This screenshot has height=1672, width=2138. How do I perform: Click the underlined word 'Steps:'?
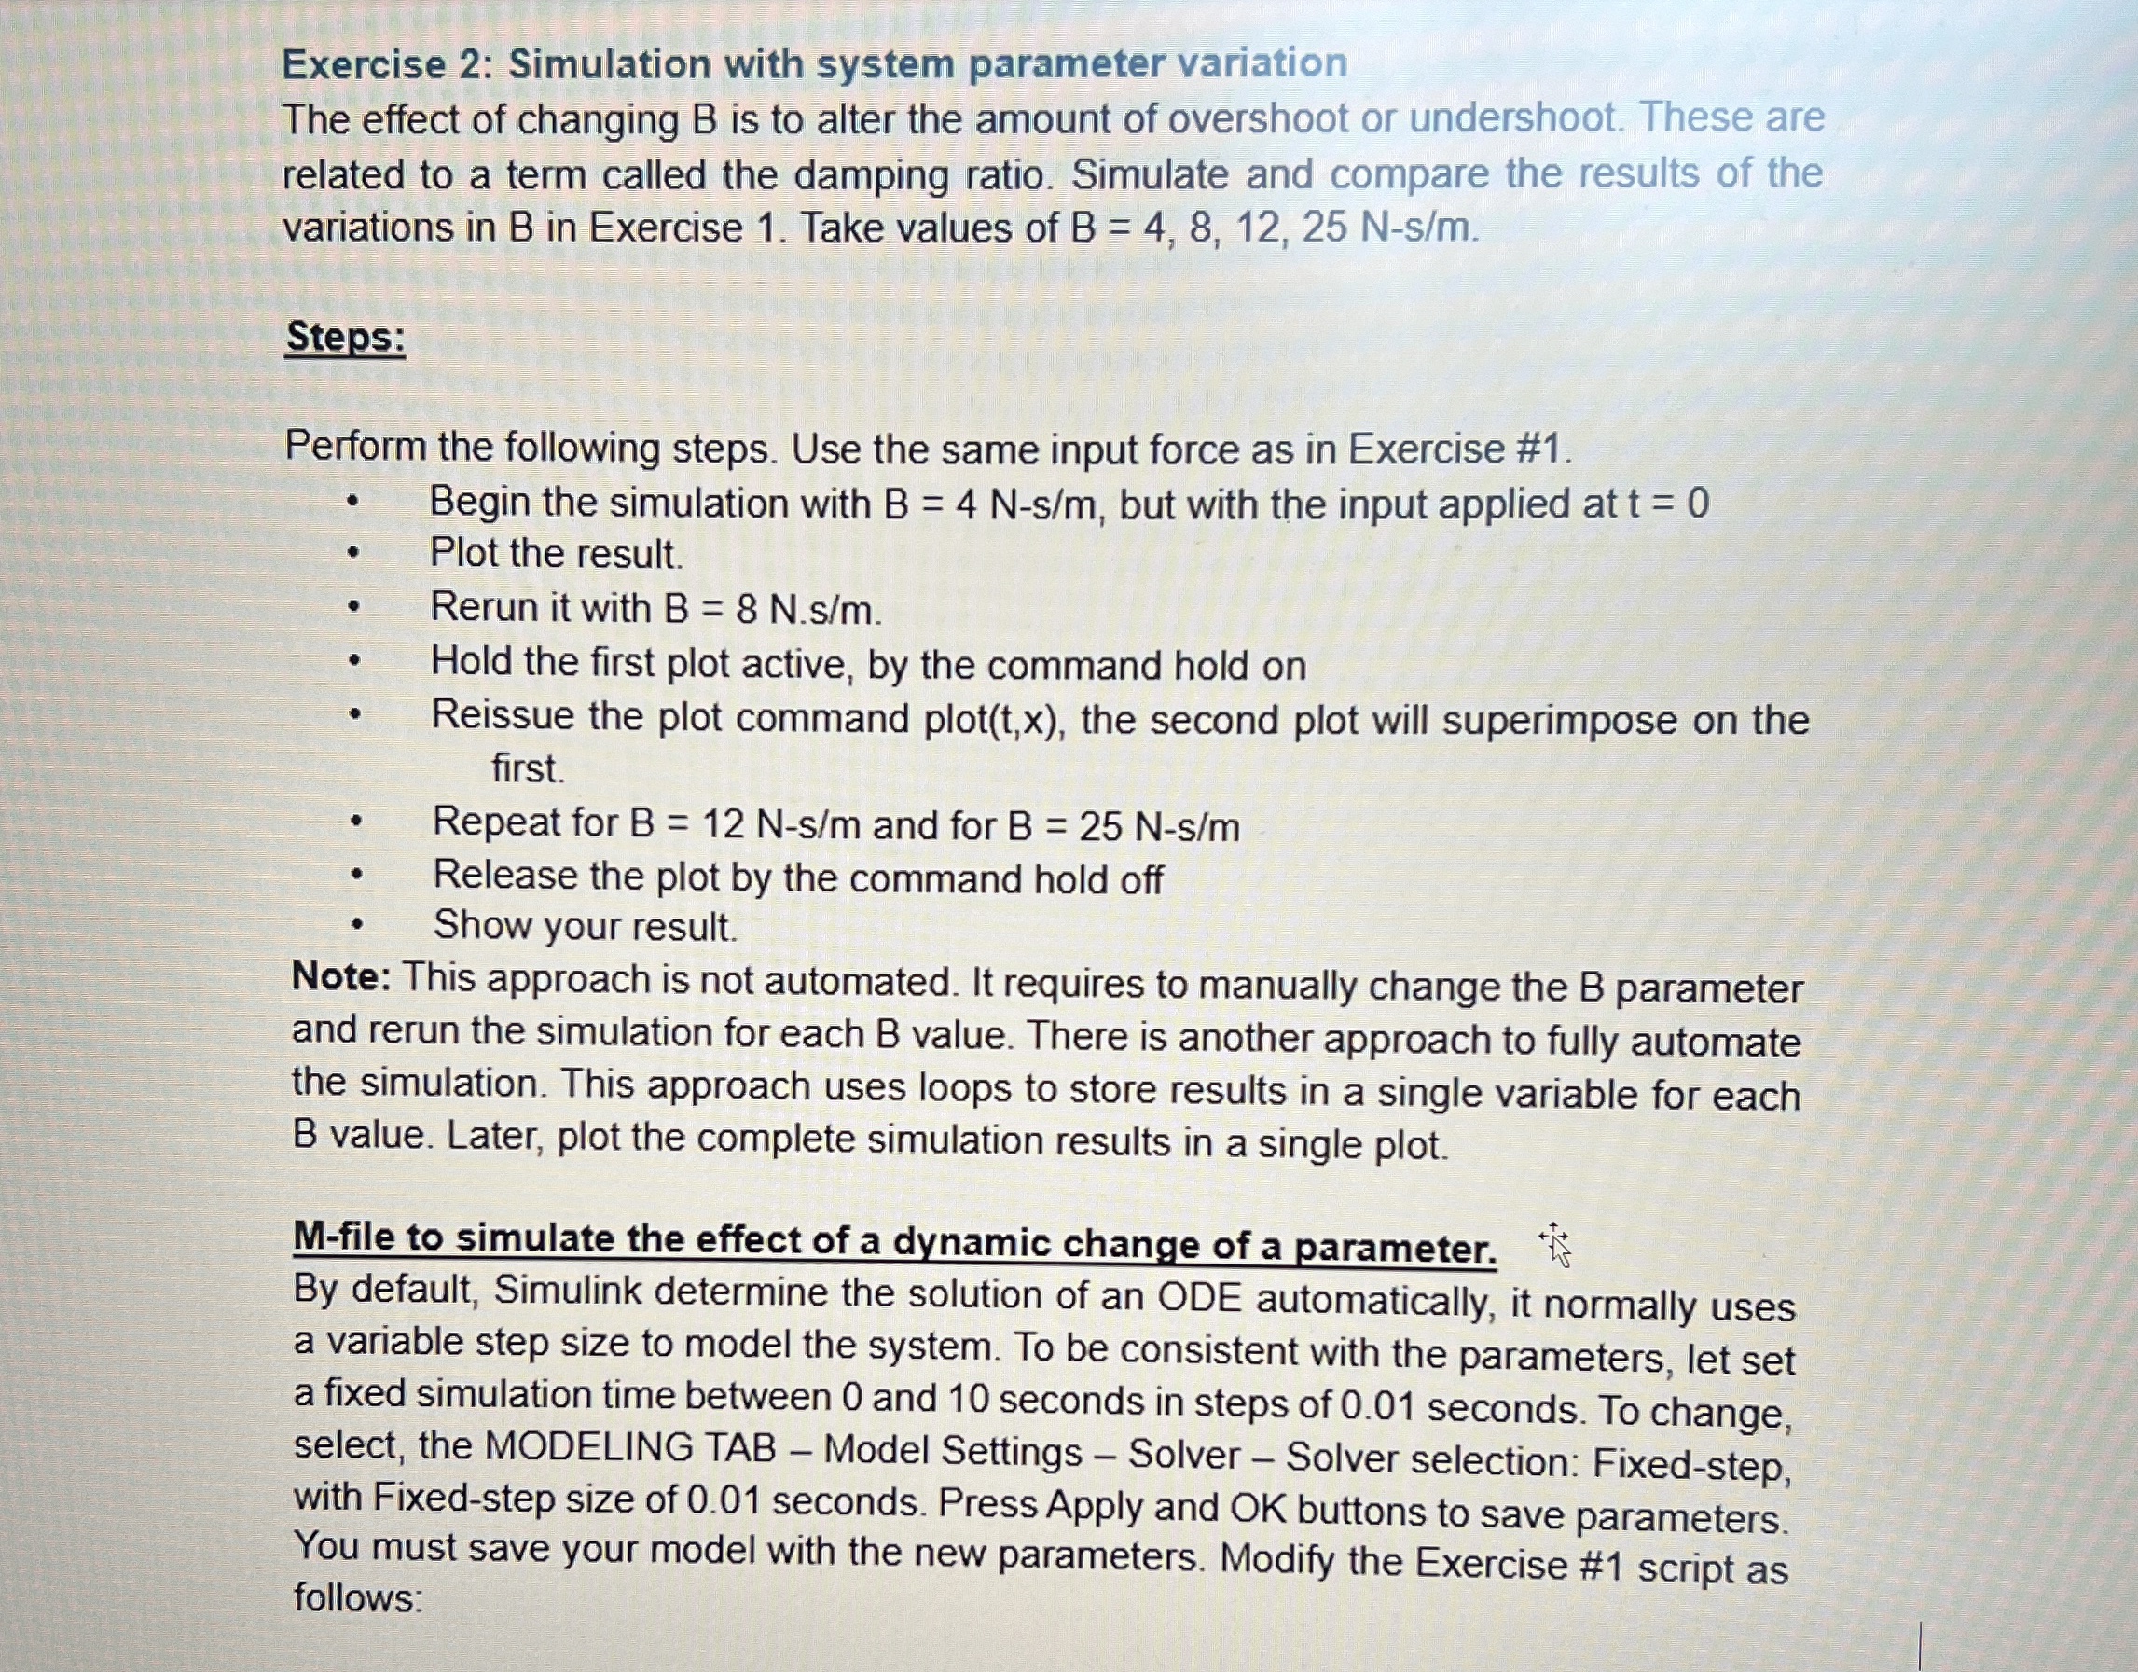click(346, 338)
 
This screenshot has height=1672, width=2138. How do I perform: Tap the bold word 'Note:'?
click(341, 976)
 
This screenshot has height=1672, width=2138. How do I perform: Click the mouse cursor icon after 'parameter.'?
click(1555, 1245)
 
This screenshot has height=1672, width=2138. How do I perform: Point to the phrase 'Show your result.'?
click(585, 926)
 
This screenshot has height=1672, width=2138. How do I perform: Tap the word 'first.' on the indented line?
click(528, 769)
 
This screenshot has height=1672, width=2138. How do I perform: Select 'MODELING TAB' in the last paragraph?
click(630, 1448)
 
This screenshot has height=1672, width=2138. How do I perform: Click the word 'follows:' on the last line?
click(358, 1598)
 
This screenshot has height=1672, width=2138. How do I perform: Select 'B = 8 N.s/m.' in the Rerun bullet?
click(772, 610)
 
